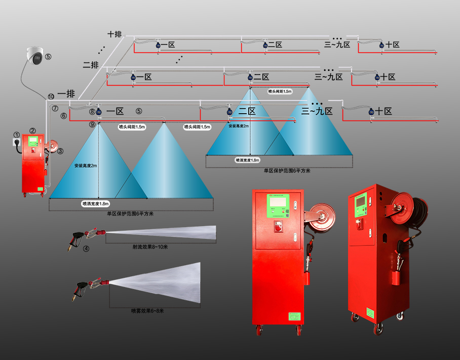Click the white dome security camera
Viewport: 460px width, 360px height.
pos(35,56)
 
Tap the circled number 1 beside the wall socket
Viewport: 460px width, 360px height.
pos(16,135)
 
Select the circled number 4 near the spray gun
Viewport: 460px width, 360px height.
pos(87,249)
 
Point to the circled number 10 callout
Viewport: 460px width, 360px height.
pos(51,96)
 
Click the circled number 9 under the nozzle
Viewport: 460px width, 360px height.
pos(92,124)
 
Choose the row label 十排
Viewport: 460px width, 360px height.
pos(115,34)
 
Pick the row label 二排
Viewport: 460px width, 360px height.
pos(90,65)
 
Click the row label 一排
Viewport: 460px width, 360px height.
pos(66,94)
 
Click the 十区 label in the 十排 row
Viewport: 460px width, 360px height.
pos(392,45)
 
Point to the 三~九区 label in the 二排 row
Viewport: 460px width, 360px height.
pos(329,77)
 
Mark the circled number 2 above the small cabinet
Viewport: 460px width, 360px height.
pos(32,131)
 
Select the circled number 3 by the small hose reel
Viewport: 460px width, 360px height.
pos(60,151)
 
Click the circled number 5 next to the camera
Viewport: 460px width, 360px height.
pos(48,56)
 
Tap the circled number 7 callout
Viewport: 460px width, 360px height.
pos(55,109)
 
